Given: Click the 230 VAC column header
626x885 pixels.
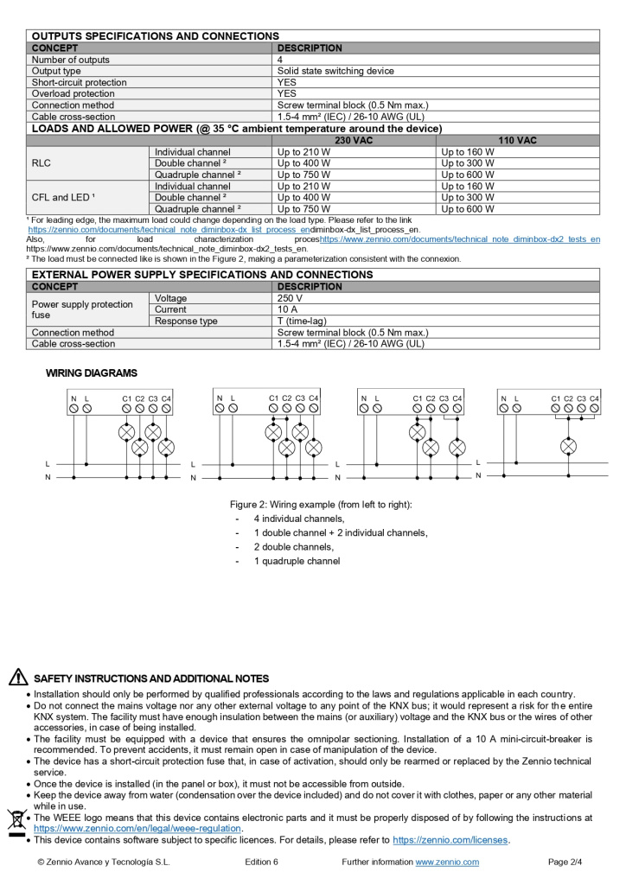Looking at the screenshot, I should [354, 140].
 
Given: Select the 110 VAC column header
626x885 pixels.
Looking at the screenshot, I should [517, 140].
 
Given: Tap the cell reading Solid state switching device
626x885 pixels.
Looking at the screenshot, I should [335, 71].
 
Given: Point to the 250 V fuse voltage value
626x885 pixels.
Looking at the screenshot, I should [290, 298].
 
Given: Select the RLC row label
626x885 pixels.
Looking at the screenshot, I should [42, 162].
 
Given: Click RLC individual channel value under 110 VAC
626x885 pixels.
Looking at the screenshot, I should [468, 151].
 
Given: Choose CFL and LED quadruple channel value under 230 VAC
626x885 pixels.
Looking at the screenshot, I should [303, 208].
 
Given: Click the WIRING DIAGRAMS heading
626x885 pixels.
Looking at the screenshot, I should [91, 373].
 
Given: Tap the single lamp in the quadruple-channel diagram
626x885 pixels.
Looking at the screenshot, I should [568, 446].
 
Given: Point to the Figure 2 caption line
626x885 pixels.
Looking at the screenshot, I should [321, 504].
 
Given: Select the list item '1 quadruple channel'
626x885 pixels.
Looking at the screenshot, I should [297, 561].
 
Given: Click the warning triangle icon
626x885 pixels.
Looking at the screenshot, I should [18, 678].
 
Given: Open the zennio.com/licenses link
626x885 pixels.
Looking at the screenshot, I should [450, 840].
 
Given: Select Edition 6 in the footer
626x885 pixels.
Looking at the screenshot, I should [261, 862].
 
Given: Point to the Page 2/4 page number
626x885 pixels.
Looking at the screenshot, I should [565, 862].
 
